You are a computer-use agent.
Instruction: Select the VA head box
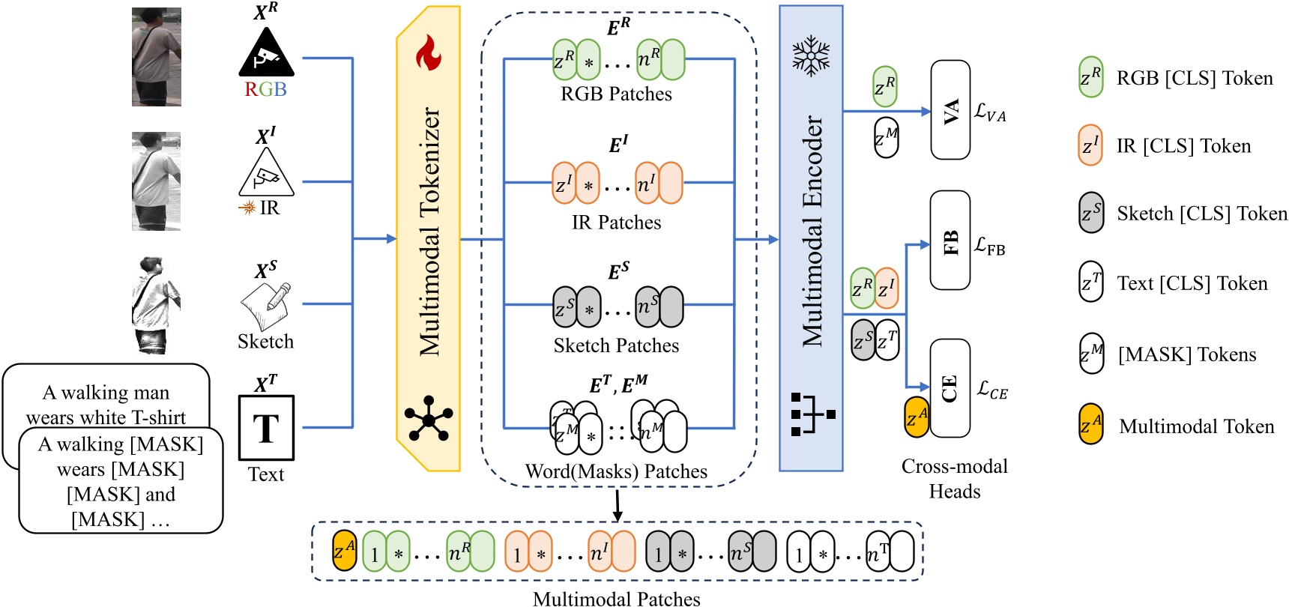tap(950, 110)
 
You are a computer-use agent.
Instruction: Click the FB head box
tap(950, 241)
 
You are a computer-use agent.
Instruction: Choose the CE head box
tap(950, 388)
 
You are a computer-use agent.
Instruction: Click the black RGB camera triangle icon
tap(266, 54)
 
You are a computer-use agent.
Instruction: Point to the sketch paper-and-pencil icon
tap(265, 306)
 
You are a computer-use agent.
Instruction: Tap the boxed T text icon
tap(266, 428)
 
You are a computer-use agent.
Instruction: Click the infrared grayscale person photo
tap(157, 181)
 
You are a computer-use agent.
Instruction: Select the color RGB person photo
tap(157, 57)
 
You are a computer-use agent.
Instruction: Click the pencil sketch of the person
tap(156, 306)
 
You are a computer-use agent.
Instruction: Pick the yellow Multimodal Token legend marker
tap(1090, 424)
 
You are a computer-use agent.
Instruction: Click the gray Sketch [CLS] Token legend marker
tap(1091, 213)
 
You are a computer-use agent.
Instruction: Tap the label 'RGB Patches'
tap(616, 94)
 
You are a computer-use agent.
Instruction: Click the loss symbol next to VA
tap(990, 112)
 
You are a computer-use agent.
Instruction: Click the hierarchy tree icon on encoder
tap(812, 414)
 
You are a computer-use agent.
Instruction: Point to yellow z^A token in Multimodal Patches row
tap(345, 552)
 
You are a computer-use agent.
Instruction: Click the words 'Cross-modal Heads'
tap(954, 478)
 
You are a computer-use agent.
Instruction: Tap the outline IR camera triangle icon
tap(266, 174)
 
